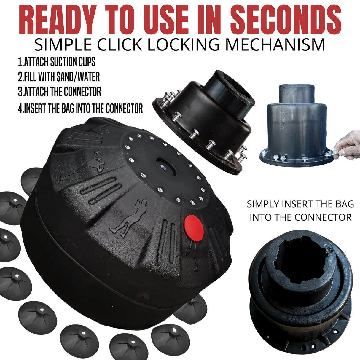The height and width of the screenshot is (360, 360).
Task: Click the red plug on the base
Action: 194,228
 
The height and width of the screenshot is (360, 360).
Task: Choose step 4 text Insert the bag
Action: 80,108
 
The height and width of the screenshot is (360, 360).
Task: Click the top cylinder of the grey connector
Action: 297,94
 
